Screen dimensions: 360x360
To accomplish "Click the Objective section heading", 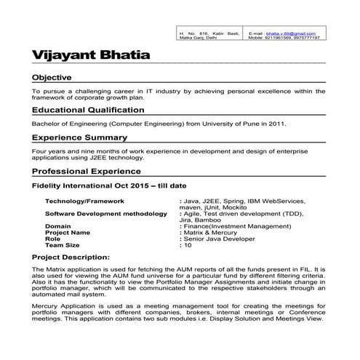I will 52,77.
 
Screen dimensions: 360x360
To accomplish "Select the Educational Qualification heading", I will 88,110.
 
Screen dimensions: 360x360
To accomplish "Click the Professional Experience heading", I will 86,172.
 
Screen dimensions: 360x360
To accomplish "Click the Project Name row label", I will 68,233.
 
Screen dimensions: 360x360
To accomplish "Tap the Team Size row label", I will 62,245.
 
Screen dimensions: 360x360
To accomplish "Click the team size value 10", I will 188,245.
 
